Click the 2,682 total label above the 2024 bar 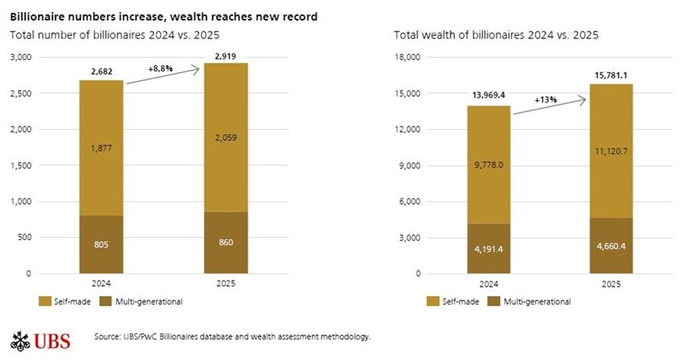click(x=100, y=73)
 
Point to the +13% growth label click(x=545, y=99)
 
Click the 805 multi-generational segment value click(x=101, y=244)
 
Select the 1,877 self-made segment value click(x=101, y=147)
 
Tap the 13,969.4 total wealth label click(x=488, y=97)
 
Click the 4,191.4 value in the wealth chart click(x=488, y=250)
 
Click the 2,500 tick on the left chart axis click(x=21, y=93)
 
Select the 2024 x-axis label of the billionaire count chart click(x=101, y=284)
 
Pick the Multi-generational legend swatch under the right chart click(x=493, y=301)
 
